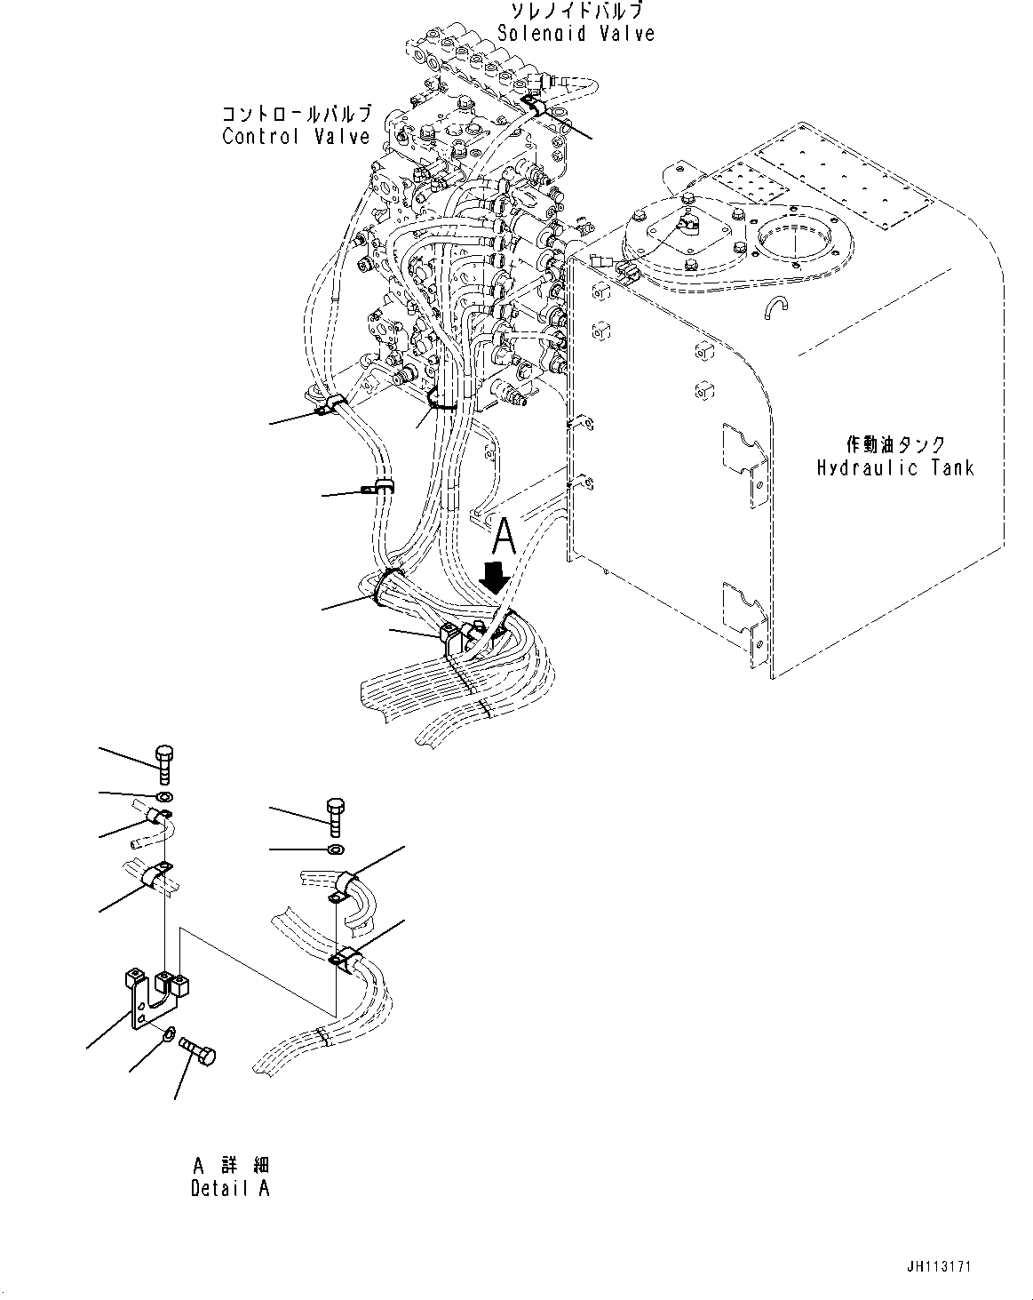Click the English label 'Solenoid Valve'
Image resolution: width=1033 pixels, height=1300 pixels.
pyautogui.click(x=576, y=33)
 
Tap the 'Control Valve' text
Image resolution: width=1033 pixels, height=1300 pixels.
pyautogui.click(x=296, y=136)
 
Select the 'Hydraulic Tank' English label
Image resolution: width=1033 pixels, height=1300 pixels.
pyautogui.click(x=894, y=467)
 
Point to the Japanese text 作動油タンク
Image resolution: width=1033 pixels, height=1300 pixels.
pyautogui.click(x=894, y=444)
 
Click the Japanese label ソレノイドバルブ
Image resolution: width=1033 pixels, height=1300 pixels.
pyautogui.click(x=576, y=11)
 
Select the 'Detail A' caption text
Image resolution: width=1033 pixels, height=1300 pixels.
pyautogui.click(x=229, y=1188)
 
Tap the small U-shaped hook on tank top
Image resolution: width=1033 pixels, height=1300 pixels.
pyautogui.click(x=774, y=306)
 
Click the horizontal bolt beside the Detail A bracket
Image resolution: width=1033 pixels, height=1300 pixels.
pyautogui.click(x=199, y=1051)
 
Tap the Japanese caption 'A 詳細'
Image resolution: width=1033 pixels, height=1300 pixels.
pyautogui.click(x=229, y=1164)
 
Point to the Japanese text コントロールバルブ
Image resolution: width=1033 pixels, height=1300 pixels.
pyautogui.click(x=296, y=115)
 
